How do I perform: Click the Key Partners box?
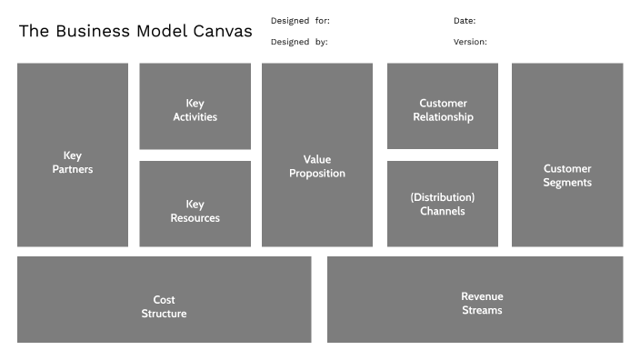(73, 155)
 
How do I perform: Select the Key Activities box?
(195, 106)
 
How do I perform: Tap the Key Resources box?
(195, 204)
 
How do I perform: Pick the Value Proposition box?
(317, 155)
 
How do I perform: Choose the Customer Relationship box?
(443, 106)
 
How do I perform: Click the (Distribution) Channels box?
(443, 204)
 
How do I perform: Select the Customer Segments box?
(567, 155)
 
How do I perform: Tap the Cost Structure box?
(164, 300)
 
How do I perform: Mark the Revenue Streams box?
(475, 300)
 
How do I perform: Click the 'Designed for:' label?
(300, 20)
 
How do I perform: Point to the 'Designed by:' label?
(299, 42)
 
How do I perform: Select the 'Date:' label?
(465, 20)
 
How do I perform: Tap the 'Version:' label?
(470, 42)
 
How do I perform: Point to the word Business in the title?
(94, 31)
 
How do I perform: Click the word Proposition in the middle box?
(317, 174)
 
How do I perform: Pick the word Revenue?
(482, 296)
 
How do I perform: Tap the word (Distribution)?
(443, 197)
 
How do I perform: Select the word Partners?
(73, 169)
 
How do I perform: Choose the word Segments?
(567, 183)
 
